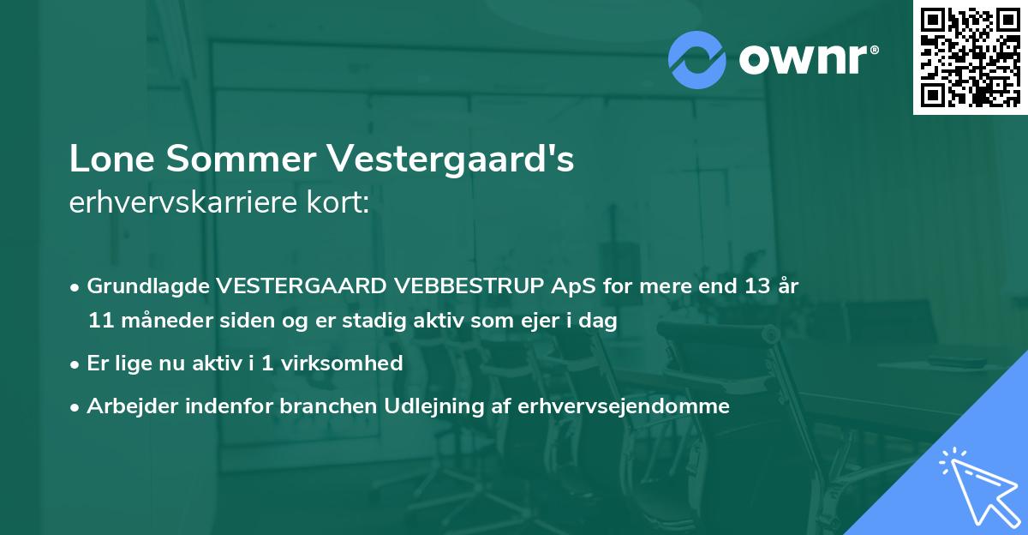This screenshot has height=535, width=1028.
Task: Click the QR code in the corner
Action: pos(970,57)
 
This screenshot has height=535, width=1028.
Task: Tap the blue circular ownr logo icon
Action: pos(697,60)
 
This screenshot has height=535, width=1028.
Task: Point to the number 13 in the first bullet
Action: pos(757,286)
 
